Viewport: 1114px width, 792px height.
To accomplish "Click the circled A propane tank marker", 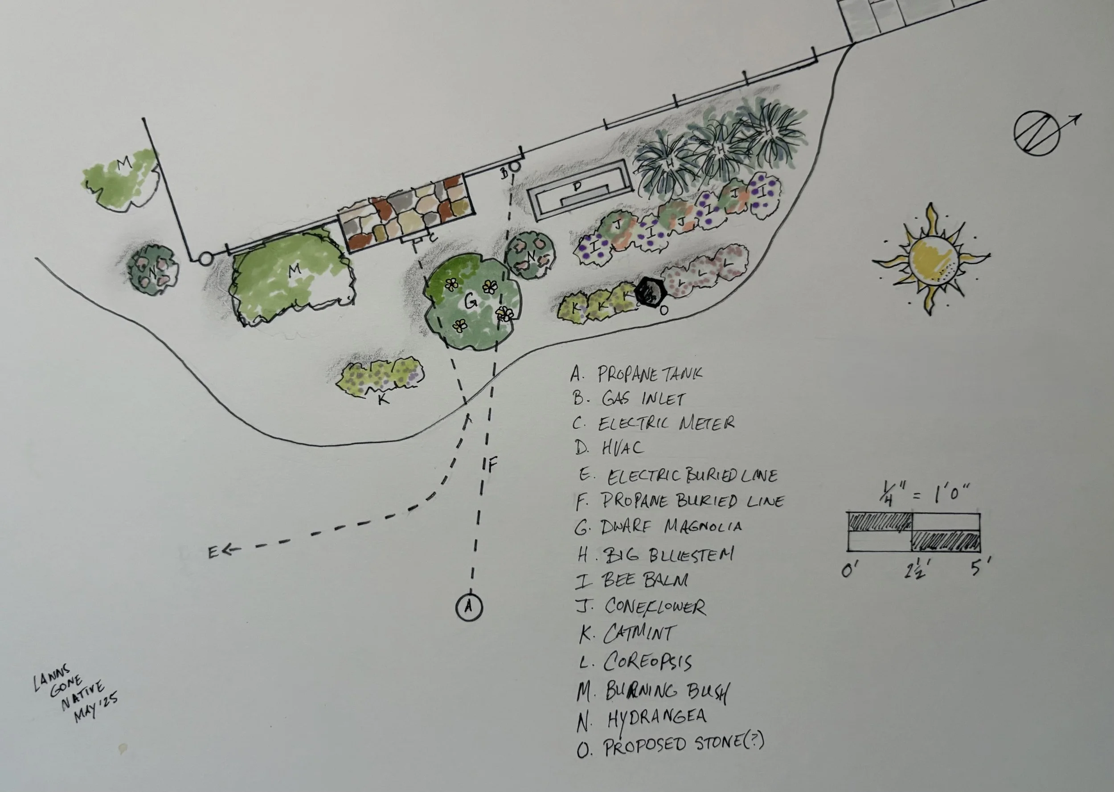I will point(469,606).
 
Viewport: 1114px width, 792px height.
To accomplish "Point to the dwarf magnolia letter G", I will point(470,303).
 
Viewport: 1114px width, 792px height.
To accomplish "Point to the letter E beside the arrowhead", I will point(213,552).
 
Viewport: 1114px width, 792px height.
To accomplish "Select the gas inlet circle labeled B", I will point(515,166).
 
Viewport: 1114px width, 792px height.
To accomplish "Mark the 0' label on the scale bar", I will point(850,570).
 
